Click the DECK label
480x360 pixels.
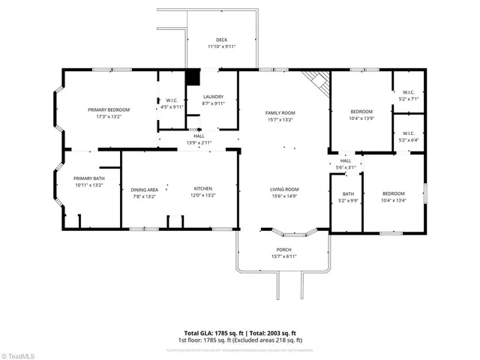pos(221,40)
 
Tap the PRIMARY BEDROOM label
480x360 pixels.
pos(108,109)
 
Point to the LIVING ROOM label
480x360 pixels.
pos(284,189)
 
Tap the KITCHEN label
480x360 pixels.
pos(205,190)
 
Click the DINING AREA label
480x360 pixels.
pos(143,190)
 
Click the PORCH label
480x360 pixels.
pos(283,250)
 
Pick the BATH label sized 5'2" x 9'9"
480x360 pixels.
pos(347,193)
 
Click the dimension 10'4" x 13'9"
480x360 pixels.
pos(361,118)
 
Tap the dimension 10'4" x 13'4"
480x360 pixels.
pos(393,200)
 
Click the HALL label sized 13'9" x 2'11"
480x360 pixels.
pos(199,136)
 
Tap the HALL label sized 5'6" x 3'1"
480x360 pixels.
pos(345,160)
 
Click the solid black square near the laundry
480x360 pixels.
pos(193,77)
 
